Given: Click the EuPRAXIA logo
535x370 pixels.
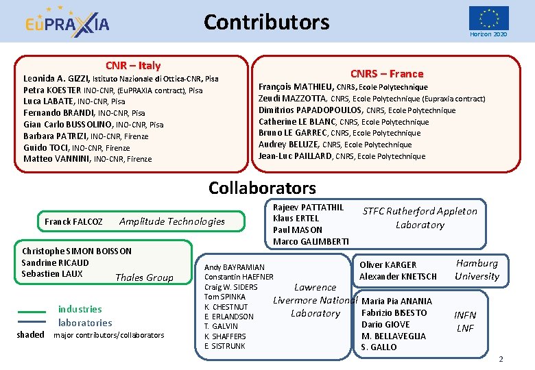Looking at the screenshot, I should (67, 23).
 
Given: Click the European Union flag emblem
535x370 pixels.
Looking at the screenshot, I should (488, 18).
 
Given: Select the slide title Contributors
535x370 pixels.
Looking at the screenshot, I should (266, 22).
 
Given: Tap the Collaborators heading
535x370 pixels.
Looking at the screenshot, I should (262, 188).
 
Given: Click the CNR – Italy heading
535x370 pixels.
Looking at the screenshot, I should (133, 66).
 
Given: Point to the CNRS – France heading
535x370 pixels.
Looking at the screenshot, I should (387, 73).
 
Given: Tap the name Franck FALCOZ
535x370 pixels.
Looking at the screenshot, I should (73, 221).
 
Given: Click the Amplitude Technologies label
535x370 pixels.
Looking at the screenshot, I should (172, 221).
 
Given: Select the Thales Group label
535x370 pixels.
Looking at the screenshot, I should (144, 277).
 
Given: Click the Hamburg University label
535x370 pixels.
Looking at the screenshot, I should (477, 269).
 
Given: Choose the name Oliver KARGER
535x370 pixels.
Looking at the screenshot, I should (388, 264).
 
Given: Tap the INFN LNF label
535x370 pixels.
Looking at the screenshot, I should (465, 321).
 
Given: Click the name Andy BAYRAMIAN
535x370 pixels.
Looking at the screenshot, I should (235, 267).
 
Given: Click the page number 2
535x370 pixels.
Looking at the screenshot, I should (501, 359).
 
